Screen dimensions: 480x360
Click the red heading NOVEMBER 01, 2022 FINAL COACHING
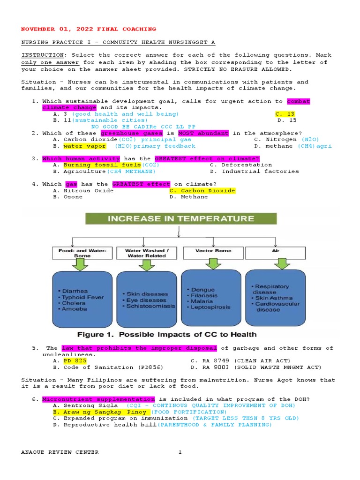click(89, 29)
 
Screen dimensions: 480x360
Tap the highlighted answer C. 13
click(285, 114)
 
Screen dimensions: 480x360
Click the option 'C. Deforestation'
click(240, 165)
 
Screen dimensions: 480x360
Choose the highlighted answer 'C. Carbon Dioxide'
click(202, 191)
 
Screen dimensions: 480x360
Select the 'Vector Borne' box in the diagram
click(213, 251)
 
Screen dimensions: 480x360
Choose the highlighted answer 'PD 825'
click(75, 361)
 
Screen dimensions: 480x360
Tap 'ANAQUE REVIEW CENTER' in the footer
click(60, 452)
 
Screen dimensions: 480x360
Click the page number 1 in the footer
click(180, 452)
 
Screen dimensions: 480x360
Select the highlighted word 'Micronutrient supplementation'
click(98, 399)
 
